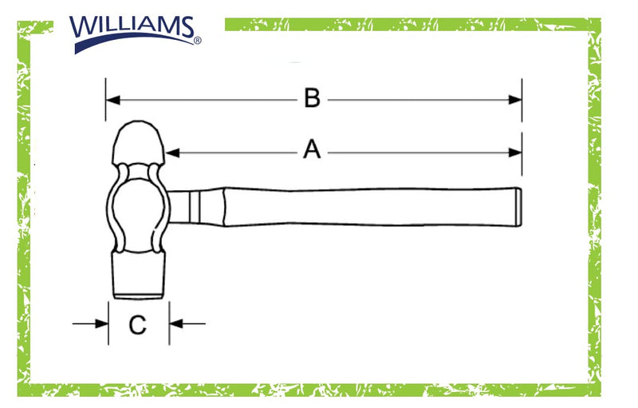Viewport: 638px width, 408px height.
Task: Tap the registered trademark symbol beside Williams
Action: pos(197,40)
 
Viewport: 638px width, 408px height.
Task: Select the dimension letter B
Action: pos(312,98)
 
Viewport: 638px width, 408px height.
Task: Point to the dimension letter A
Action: pos(312,149)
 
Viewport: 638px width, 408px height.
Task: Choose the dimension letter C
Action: pos(137,325)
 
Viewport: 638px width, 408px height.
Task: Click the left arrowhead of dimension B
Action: pos(112,100)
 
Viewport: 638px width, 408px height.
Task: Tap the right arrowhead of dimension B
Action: pos(515,100)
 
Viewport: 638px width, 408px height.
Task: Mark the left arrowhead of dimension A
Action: pos(172,153)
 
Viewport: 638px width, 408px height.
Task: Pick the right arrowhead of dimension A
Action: pos(515,153)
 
